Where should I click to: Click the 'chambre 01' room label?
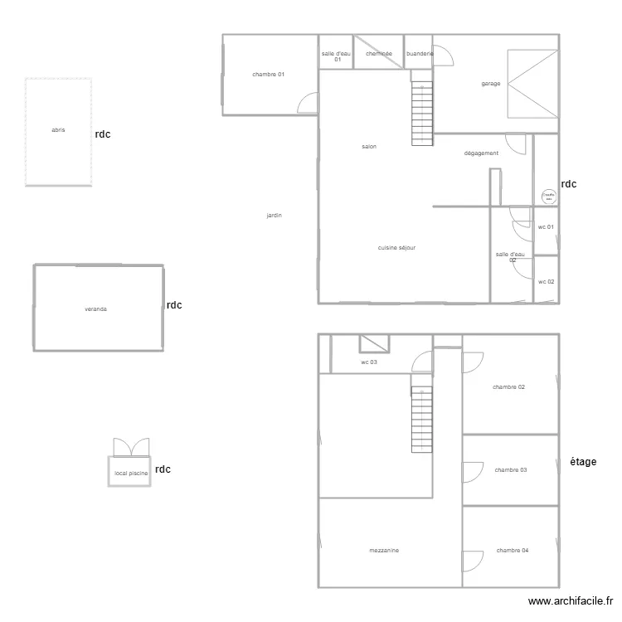268,75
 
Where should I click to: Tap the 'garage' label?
491,84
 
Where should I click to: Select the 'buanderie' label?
419,54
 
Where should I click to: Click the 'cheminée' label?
378,54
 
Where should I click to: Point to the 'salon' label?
369,147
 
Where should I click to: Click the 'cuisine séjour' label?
396,248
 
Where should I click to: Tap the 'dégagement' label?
481,153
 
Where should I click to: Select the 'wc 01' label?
546,227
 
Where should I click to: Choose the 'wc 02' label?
546,282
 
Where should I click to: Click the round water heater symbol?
548,197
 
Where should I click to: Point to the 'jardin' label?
274,216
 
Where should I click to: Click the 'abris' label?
58,130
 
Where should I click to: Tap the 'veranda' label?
95,309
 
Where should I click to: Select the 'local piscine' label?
131,474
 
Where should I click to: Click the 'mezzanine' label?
384,551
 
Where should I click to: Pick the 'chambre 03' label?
511,470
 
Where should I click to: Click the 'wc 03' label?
369,362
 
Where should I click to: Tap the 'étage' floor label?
583,462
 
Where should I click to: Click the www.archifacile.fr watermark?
571,602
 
